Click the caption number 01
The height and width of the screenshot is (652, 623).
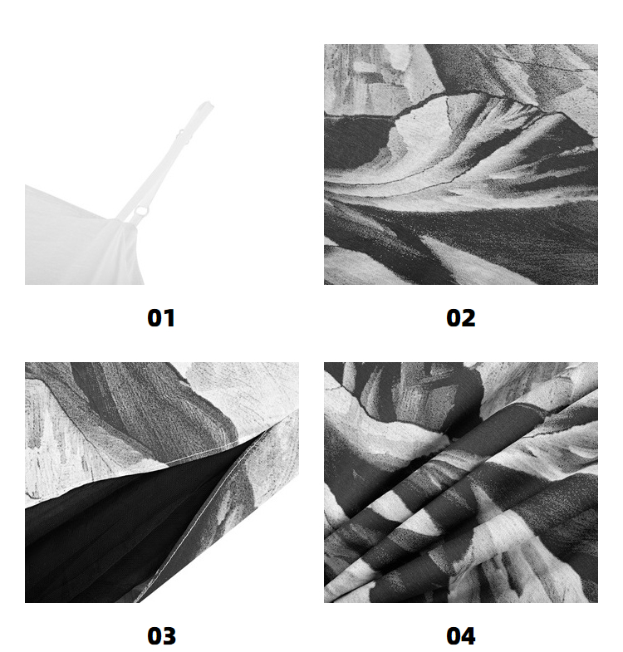161,318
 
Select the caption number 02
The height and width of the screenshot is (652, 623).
460,318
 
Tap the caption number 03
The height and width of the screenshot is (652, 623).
161,636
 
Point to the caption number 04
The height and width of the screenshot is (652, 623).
460,636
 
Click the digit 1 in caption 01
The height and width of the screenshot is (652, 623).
169,318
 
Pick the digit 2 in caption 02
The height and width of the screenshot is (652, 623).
468,318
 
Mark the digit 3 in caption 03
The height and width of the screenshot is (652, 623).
169,636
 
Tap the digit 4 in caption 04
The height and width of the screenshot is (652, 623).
468,636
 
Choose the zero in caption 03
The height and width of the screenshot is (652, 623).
155,636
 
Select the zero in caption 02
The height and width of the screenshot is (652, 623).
454,318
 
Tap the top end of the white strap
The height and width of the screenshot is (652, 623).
207,103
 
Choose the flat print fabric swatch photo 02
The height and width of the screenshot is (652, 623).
461,164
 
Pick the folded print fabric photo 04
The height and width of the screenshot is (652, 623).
461,483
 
